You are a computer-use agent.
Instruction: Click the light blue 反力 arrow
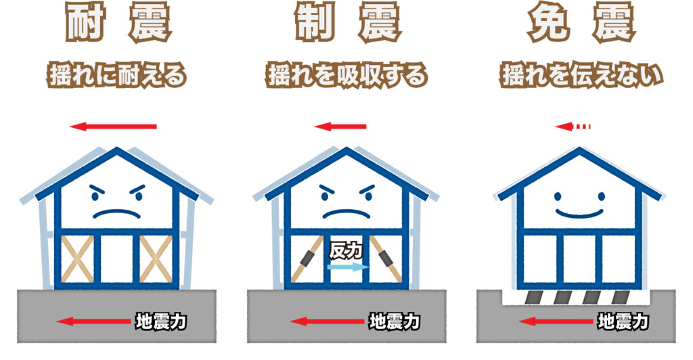click(346, 267)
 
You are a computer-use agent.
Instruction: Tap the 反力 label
click(346, 251)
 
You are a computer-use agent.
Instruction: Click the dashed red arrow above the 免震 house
click(573, 127)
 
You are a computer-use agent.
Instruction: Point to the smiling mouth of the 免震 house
click(579, 212)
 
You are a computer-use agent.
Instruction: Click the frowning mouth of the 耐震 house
click(116, 214)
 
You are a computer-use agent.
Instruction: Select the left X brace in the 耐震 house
click(77, 258)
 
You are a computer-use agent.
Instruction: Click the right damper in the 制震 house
click(388, 258)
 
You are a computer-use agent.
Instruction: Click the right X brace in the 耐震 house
click(155, 258)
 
